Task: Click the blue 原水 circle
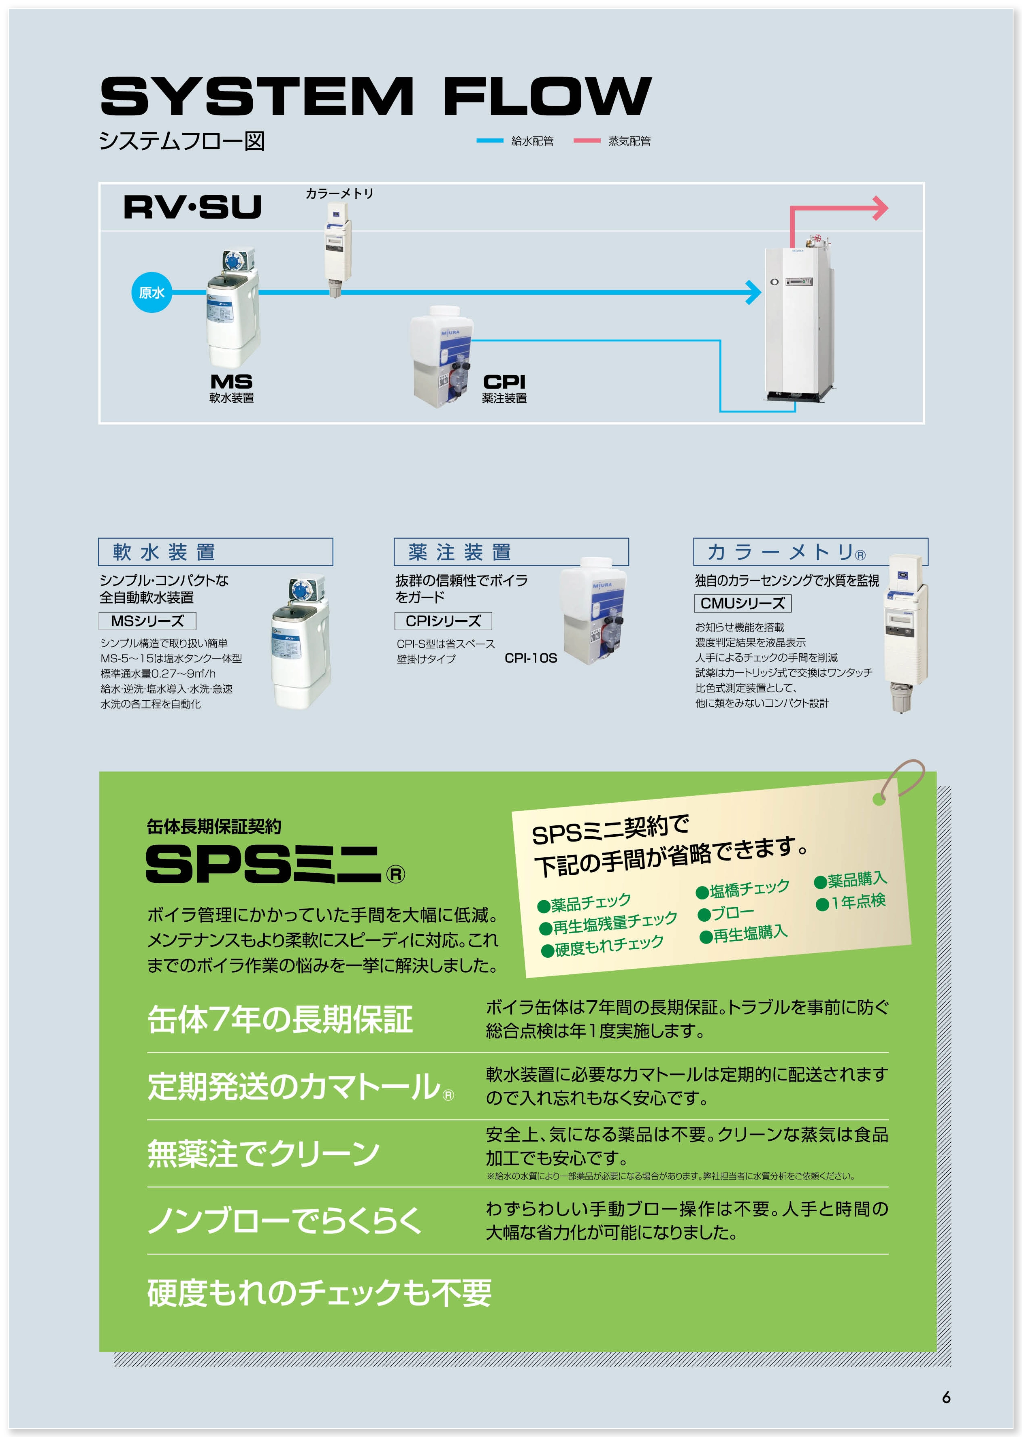click(x=151, y=292)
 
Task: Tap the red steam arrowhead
click(x=880, y=208)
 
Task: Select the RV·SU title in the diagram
click(x=192, y=207)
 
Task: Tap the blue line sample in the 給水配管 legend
click(x=490, y=141)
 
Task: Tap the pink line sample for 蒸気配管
click(x=587, y=141)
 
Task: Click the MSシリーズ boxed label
click(x=147, y=621)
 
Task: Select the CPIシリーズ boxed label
click(x=443, y=621)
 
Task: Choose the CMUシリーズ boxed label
click(x=742, y=603)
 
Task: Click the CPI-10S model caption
click(x=531, y=658)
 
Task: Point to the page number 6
click(x=946, y=1397)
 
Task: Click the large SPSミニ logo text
click(x=264, y=864)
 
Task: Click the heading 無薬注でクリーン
click(x=263, y=1154)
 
